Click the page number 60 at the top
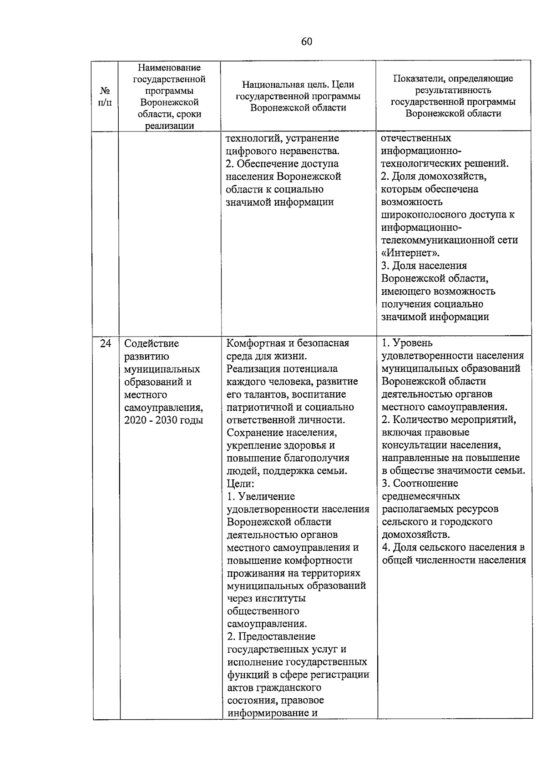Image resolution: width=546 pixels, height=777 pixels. point(307,42)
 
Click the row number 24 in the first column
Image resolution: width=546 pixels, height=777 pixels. point(106,343)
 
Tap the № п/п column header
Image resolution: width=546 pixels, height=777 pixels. point(105,96)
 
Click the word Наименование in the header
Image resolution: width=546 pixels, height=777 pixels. point(169,67)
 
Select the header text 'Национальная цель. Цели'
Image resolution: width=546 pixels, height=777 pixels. point(298,85)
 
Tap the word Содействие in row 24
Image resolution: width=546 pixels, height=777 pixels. point(152,343)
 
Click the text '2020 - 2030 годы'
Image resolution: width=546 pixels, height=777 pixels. point(163,420)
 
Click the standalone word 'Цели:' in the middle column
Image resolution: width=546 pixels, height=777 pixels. point(240,484)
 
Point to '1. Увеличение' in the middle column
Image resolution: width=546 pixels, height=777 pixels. point(261,496)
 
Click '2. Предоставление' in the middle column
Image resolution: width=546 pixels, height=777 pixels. point(271,636)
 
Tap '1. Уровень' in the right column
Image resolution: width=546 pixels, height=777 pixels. point(407,343)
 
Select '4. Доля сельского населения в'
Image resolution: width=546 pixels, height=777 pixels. point(453,547)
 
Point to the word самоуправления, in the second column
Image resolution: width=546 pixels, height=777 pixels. point(163,407)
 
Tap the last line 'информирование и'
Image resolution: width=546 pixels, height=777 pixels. point(272,712)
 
